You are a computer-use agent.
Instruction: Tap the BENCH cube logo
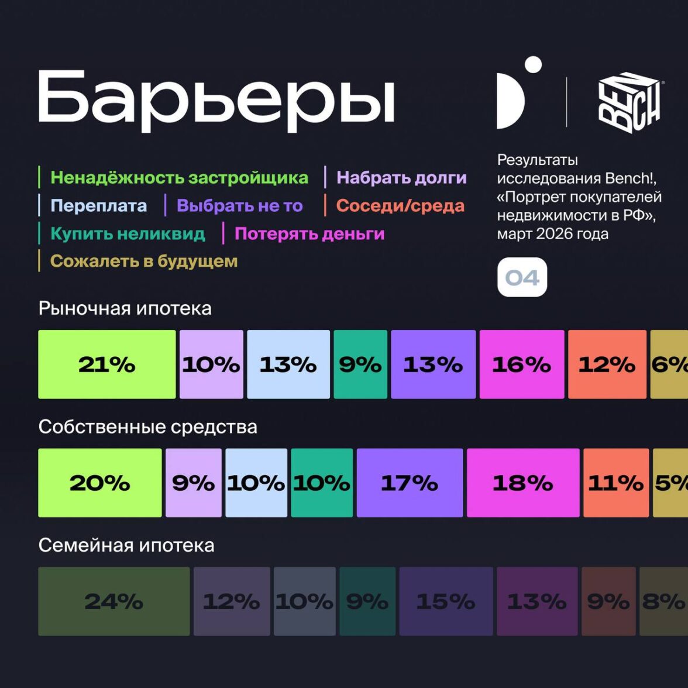coord(629,102)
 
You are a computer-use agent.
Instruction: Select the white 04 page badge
coord(522,277)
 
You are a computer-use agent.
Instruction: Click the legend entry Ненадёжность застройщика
coord(179,177)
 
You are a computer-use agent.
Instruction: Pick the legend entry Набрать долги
coord(401,177)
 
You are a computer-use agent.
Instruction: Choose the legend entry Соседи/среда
coord(400,205)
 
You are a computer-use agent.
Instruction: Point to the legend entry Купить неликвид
coord(128,233)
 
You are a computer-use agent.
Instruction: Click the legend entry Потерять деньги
coord(309,233)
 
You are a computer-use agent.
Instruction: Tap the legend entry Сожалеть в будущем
coord(144,261)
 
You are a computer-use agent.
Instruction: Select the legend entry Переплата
coord(98,205)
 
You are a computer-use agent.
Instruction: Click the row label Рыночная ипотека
coord(125,308)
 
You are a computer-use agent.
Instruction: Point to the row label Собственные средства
coord(147,426)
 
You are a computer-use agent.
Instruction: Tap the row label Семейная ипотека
coord(126,545)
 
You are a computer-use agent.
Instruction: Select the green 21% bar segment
coord(107,364)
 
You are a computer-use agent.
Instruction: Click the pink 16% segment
coord(522,364)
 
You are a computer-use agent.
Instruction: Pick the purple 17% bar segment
coord(410,483)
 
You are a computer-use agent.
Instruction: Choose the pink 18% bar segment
coord(523,483)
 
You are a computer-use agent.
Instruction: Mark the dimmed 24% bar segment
coord(114,601)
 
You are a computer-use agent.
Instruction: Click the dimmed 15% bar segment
coord(446,601)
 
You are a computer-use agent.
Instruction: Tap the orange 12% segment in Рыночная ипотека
coord(607,364)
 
